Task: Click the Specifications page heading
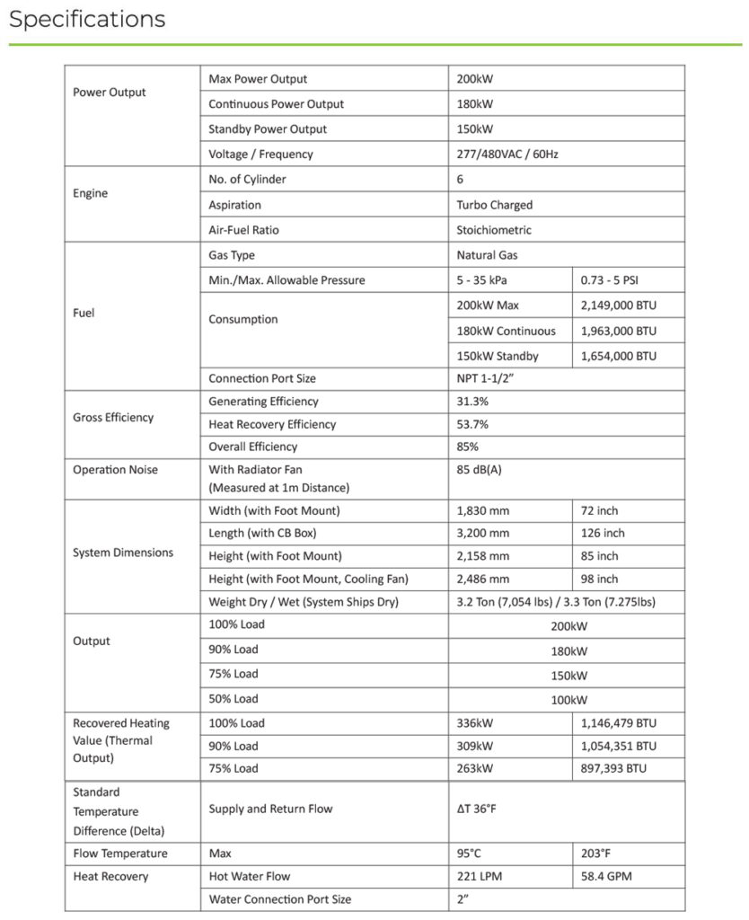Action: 87,20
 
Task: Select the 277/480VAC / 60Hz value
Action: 507,155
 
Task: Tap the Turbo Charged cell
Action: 494,205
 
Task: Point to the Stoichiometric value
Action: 493,230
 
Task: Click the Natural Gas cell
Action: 487,255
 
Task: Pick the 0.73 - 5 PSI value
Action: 611,280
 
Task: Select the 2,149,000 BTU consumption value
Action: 619,305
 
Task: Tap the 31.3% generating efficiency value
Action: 472,402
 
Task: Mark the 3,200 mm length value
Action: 483,533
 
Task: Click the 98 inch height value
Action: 600,579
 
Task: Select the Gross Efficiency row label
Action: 113,418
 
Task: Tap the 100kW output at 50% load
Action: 568,700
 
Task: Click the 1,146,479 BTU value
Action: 619,723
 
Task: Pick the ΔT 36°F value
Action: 476,809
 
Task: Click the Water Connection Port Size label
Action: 280,899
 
